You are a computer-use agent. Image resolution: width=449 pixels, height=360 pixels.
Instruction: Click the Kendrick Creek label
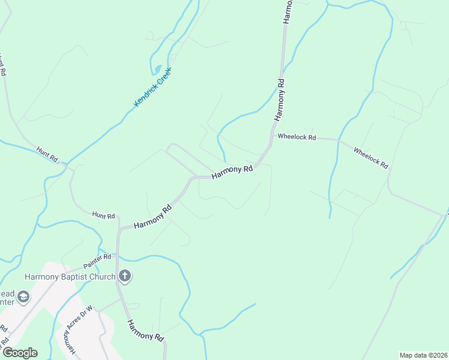coord(152,88)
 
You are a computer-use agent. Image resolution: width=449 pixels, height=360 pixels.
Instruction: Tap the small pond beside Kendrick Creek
coord(158,70)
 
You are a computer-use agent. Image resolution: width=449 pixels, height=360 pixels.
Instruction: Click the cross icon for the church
coord(125,276)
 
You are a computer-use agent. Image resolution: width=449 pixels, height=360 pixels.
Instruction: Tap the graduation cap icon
coord(23,296)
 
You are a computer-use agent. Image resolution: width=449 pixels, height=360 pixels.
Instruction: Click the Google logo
coord(19,353)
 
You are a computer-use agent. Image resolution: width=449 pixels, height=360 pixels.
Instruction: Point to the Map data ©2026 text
coord(423,355)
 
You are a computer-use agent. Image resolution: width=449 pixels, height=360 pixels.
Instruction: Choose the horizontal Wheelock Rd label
coord(297,137)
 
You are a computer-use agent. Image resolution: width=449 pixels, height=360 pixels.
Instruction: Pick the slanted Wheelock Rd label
coord(370,158)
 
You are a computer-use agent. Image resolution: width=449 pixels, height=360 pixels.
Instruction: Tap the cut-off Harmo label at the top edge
coord(287,11)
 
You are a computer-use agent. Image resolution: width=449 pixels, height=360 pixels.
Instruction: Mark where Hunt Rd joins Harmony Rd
coord(119,227)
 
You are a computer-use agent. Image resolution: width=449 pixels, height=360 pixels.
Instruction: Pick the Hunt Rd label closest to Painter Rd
coord(103,215)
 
